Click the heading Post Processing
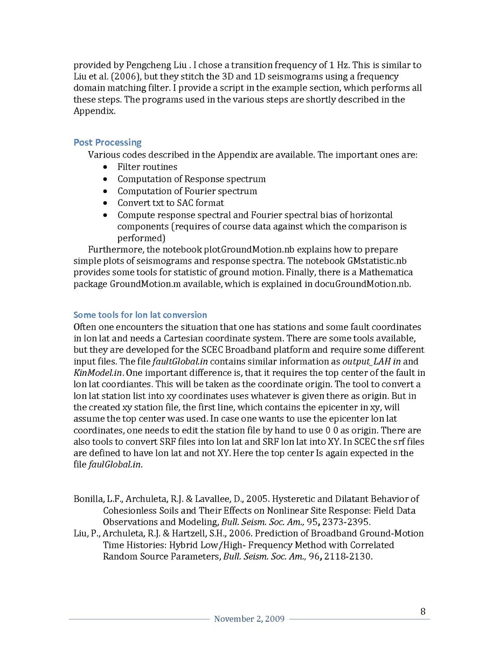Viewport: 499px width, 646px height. click(107, 142)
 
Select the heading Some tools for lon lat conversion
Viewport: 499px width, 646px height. click(140, 315)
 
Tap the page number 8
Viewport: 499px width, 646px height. click(423, 611)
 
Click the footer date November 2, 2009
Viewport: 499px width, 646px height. click(249, 619)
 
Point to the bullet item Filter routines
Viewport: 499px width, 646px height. click(147, 167)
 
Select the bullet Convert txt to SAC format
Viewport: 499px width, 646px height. click(170, 203)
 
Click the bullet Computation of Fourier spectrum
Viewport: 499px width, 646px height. click(187, 191)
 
